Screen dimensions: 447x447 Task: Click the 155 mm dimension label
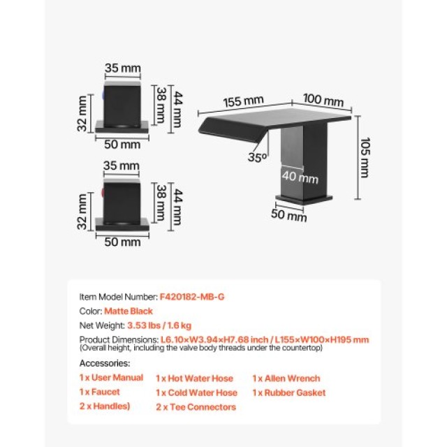point(243,101)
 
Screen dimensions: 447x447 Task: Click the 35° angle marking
point(257,157)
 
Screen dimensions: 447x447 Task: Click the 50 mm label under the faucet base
point(288,216)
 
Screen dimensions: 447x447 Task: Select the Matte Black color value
point(129,311)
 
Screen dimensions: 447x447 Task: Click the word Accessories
point(105,363)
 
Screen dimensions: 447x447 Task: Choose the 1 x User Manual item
point(111,378)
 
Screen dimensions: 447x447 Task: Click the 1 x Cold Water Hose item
point(196,393)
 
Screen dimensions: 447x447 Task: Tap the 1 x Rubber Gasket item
point(289,393)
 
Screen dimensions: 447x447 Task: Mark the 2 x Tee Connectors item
point(196,407)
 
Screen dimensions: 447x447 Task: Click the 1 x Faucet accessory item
point(100,392)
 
